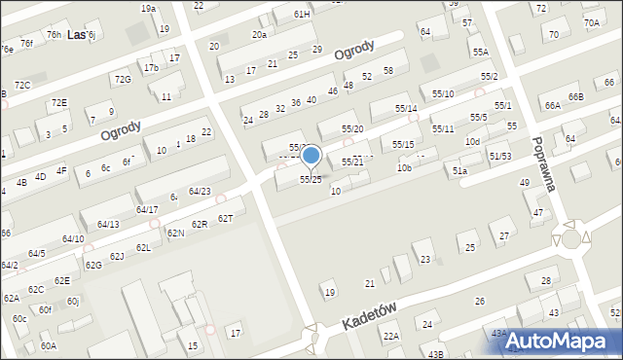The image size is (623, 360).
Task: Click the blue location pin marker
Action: click(x=311, y=156)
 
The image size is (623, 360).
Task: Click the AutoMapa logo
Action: click(x=563, y=341)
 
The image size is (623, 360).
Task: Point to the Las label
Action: click(x=74, y=35)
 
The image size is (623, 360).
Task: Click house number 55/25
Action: click(x=311, y=180)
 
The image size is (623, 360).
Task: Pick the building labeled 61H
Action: click(x=302, y=15)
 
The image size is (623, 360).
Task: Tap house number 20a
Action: click(x=259, y=35)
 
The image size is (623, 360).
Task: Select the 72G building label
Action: click(x=122, y=80)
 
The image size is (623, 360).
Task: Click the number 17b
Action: click(x=151, y=68)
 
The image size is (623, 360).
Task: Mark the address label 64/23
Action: click(x=200, y=191)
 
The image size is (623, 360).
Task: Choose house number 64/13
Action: click(x=107, y=225)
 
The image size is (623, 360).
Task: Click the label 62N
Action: click(x=175, y=234)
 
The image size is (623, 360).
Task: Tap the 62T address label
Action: click(x=226, y=218)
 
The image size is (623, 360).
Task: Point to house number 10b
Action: click(x=404, y=168)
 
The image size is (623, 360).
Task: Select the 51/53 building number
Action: click(x=500, y=156)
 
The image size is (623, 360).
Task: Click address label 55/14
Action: click(x=406, y=108)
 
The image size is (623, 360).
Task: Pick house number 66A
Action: click(x=552, y=105)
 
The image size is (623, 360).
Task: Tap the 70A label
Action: click(x=592, y=22)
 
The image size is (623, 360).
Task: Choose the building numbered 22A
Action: click(x=390, y=336)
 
